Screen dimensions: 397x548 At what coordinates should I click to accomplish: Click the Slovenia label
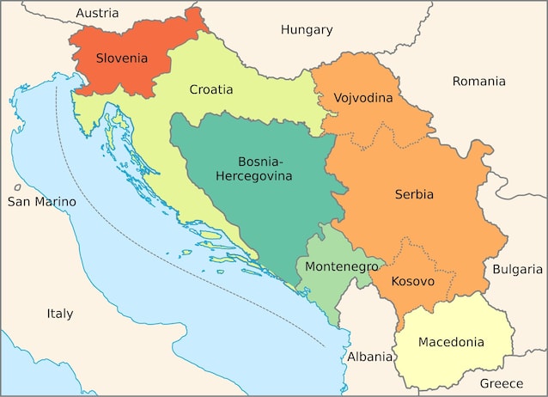pyautogui.click(x=122, y=59)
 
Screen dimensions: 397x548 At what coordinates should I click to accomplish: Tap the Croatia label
pyautogui.click(x=210, y=89)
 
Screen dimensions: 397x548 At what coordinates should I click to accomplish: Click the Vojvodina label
pyautogui.click(x=362, y=98)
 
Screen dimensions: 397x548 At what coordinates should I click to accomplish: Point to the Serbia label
pyautogui.click(x=414, y=194)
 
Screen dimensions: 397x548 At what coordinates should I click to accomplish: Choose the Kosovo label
pyautogui.click(x=412, y=281)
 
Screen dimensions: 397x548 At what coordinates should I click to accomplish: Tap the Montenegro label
pyautogui.click(x=342, y=266)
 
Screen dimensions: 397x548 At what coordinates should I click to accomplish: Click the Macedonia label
pyautogui.click(x=451, y=342)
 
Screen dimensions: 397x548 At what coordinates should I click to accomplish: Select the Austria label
pyautogui.click(x=98, y=13)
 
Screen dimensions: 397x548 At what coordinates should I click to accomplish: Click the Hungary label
pyautogui.click(x=307, y=29)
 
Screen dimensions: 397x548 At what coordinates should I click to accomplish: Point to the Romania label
pyautogui.click(x=478, y=81)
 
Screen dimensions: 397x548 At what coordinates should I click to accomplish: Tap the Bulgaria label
pyautogui.click(x=518, y=269)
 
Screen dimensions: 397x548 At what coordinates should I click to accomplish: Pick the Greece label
pyautogui.click(x=501, y=383)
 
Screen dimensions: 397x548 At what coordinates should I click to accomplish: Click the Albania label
pyautogui.click(x=369, y=357)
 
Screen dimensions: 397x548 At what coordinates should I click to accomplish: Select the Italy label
pyautogui.click(x=60, y=314)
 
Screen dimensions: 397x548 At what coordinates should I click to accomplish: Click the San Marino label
pyautogui.click(x=41, y=202)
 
